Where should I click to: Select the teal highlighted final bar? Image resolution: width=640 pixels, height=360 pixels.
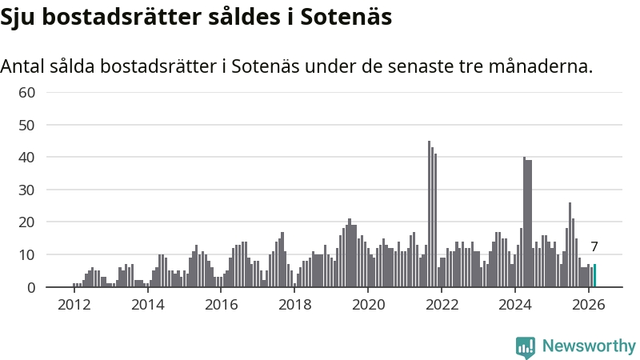tap(594, 275)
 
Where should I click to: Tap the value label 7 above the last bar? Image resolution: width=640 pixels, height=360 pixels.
tap(594, 247)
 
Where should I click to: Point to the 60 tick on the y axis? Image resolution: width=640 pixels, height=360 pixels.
tap(27, 93)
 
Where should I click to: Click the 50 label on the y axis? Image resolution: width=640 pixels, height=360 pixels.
tap(27, 126)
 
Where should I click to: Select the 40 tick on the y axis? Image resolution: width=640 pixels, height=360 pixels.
tap(27, 158)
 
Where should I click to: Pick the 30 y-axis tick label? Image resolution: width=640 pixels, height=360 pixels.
tap(27, 190)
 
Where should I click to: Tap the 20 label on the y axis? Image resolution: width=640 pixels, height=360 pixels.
tap(27, 222)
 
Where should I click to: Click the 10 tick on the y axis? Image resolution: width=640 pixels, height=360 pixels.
tap(27, 255)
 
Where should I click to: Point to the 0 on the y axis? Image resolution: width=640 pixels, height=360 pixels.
tap(31, 287)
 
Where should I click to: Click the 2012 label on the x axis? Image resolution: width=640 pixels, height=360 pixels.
tap(74, 305)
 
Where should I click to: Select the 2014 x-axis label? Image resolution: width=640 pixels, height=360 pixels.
tap(147, 305)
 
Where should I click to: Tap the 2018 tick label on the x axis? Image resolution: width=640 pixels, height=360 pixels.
tap(294, 305)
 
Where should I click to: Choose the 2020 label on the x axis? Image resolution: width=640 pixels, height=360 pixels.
tap(368, 305)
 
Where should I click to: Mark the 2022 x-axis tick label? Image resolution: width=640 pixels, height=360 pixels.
tap(442, 305)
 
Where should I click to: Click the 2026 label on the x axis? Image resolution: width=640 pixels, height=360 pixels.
tap(589, 305)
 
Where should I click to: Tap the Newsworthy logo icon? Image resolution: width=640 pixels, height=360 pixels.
tap(526, 346)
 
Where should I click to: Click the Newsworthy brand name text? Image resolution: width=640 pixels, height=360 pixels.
tap(589, 346)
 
